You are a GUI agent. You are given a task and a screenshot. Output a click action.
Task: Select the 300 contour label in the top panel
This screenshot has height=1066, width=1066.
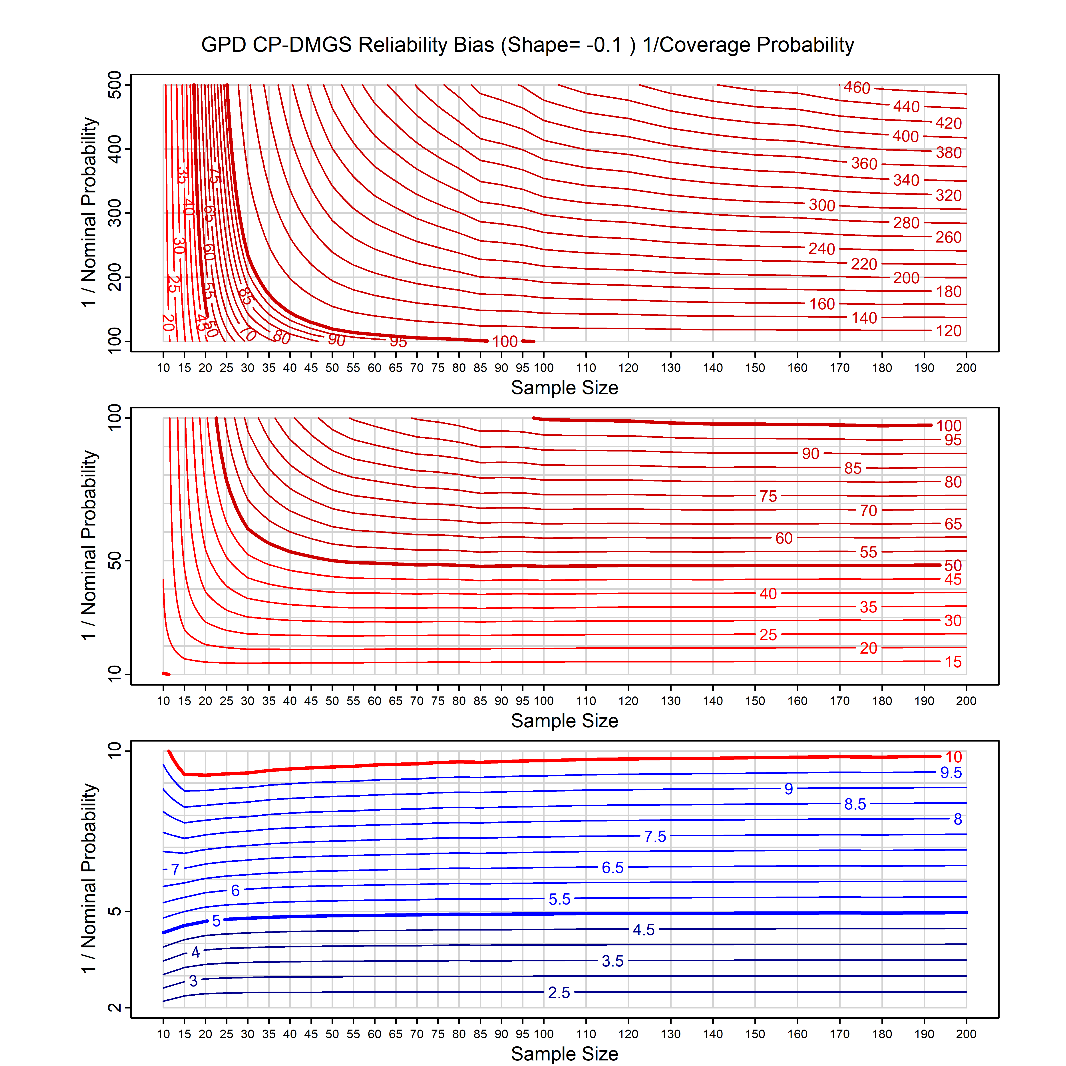point(821,205)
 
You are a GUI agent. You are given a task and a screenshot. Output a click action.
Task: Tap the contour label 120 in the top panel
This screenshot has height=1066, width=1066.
point(949,331)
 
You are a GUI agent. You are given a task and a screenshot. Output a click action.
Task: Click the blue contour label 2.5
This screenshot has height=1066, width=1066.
point(559,993)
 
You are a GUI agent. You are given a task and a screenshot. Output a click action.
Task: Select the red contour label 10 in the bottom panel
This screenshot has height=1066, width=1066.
point(953,757)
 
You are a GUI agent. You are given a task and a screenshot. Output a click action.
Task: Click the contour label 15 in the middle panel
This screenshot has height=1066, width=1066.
point(953,662)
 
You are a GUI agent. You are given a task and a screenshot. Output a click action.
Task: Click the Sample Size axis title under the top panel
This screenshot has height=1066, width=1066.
point(565,388)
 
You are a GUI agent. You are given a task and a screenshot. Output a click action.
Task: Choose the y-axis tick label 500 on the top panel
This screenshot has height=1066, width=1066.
point(115,85)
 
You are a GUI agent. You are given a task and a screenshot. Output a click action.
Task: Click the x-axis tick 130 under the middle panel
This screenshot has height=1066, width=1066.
point(670,701)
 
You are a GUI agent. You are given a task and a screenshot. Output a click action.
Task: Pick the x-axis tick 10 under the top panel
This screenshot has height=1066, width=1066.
point(163,368)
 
